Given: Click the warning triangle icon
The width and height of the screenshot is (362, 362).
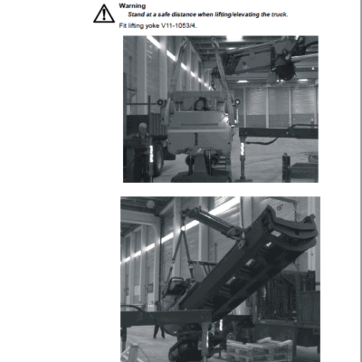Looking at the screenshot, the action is coord(104,14).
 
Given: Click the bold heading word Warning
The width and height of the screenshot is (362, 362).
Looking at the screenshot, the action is coord(132,5).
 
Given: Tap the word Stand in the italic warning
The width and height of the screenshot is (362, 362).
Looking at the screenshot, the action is coord(136,14).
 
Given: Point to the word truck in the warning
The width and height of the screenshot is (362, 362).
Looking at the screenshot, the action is coord(279,14).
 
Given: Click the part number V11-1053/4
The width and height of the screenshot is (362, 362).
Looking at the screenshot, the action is coord(179,25).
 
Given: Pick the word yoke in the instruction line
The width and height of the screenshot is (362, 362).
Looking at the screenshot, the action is coord(152,26).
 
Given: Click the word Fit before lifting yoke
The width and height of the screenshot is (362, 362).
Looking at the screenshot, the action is coord(123,25).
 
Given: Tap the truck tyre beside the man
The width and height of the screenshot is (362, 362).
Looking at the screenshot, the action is coord(158,160).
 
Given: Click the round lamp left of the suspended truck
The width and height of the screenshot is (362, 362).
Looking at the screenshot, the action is coord(160,102).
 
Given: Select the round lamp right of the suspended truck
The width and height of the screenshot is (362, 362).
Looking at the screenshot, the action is coord(238,101).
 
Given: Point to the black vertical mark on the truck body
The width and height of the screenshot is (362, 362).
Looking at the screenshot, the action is coord(196,138).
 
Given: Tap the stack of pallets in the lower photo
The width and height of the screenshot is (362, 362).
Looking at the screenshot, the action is coord(260,349).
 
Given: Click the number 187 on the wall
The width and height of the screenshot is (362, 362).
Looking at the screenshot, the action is coord(280,207).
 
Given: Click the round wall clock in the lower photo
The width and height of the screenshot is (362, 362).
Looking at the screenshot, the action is coord(150,205).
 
